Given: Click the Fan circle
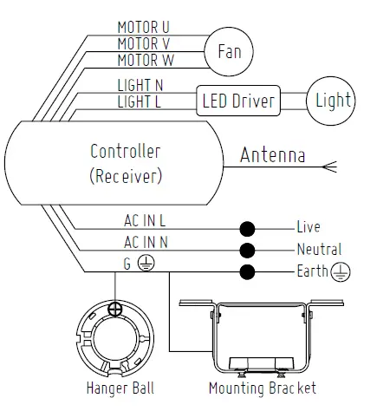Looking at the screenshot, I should coord(229,51).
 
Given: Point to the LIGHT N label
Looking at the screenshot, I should coord(140,85).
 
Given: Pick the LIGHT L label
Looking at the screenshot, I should coord(140,101).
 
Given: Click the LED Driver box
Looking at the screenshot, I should coord(239,101).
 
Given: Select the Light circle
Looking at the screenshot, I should coord(334,101).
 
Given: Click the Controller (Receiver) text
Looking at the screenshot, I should coord(126,164).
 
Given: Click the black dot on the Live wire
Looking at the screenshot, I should coord(249,228).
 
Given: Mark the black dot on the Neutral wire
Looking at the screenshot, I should coord(249,250).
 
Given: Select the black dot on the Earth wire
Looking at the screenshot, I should coord(249,272).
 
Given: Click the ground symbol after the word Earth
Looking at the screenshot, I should coord(341,272).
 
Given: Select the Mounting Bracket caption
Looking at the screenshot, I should coord(263,388).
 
